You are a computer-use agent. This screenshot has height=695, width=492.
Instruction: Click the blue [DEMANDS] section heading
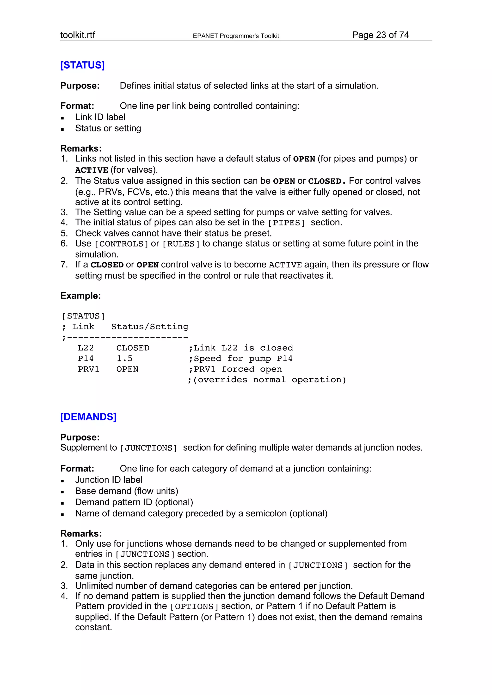[88, 417]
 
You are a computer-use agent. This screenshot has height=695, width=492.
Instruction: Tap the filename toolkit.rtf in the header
[78, 35]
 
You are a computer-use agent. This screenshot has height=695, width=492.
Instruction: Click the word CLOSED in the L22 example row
[133, 348]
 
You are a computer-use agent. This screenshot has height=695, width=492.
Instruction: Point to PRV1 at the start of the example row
[88, 369]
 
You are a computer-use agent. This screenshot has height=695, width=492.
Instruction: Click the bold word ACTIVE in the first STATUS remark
[92, 170]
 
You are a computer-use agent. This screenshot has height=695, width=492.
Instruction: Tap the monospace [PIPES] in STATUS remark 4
[286, 223]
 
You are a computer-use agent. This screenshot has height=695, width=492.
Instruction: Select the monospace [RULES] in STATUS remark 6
[181, 244]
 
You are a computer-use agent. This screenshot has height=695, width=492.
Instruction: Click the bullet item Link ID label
[100, 117]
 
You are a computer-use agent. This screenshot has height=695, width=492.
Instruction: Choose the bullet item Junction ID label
[109, 480]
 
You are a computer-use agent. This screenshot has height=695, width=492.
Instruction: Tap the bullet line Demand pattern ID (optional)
[134, 502]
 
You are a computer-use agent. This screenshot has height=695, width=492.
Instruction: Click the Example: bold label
[80, 296]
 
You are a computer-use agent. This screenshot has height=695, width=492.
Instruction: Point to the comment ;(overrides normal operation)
[267, 380]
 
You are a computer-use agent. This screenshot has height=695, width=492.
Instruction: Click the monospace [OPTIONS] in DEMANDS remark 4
[194, 607]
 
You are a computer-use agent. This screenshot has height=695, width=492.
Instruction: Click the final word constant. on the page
[93, 627]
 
